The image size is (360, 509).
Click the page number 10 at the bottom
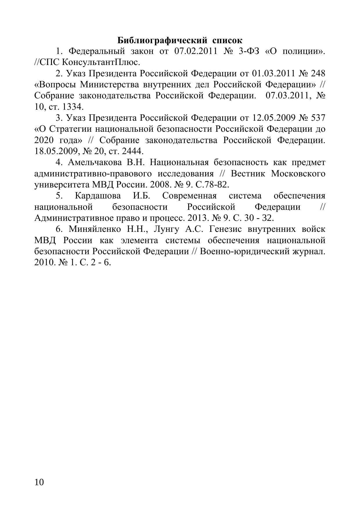point(39,482)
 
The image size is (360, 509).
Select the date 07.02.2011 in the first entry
point(196,51)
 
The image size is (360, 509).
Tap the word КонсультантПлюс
point(101,62)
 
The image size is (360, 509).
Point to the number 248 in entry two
point(318,73)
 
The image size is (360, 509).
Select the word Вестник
point(248,174)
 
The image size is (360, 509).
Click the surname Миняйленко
point(95,229)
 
